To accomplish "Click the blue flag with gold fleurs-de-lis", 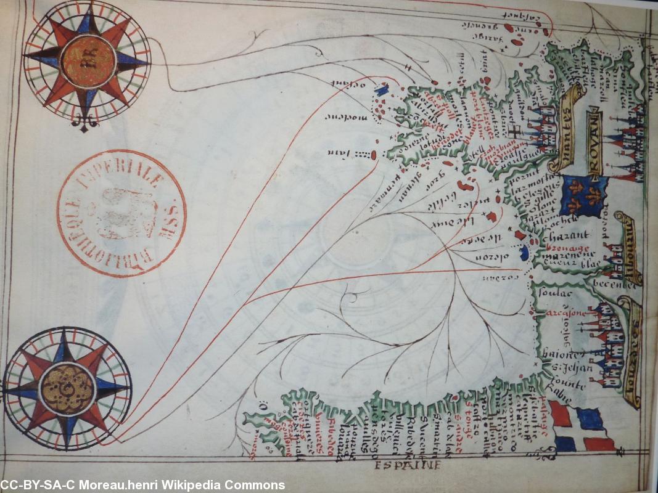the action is coord(583,196).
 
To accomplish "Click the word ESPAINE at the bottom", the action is coord(408,465).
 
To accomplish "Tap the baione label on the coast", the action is coord(562,356).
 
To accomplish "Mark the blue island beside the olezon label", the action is coord(525,253).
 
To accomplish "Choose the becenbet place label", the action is coord(614,285).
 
